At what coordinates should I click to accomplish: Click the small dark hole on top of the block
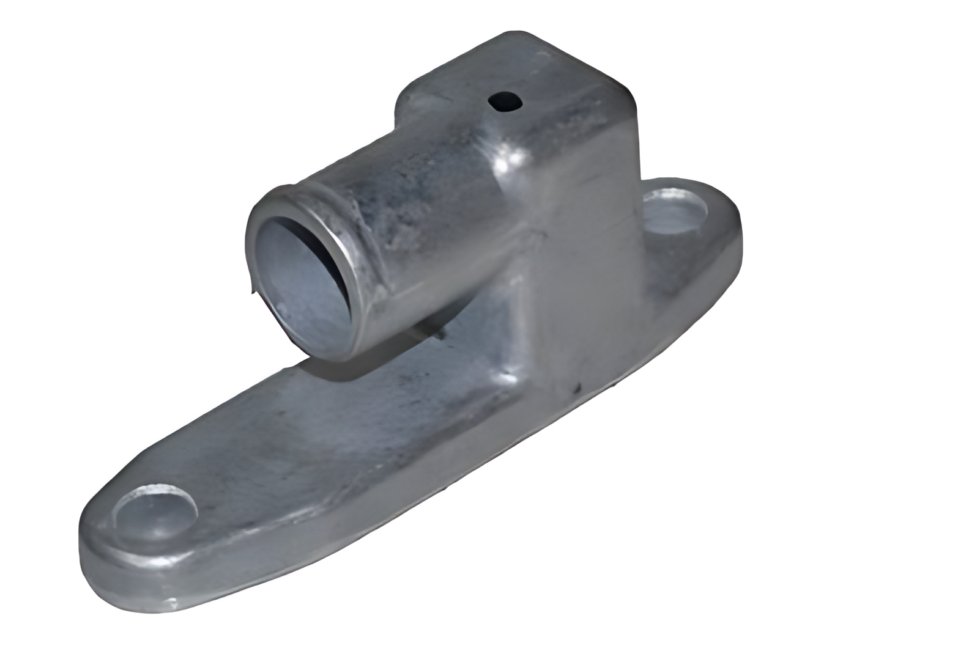506,101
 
